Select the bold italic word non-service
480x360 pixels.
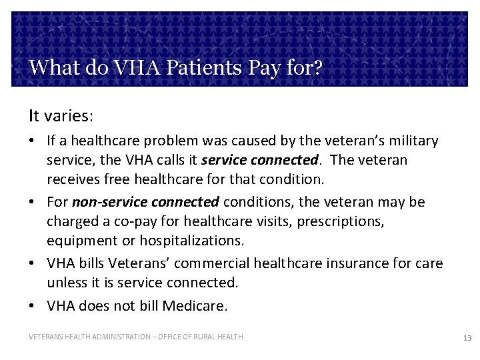click(x=109, y=201)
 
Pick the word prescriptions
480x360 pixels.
click(x=343, y=220)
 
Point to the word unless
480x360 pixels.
click(x=65, y=282)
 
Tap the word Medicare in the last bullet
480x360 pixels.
click(x=197, y=306)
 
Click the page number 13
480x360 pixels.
click(x=467, y=338)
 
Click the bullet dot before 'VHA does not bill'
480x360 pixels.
click(x=33, y=306)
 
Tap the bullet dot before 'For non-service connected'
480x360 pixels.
click(x=33, y=201)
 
